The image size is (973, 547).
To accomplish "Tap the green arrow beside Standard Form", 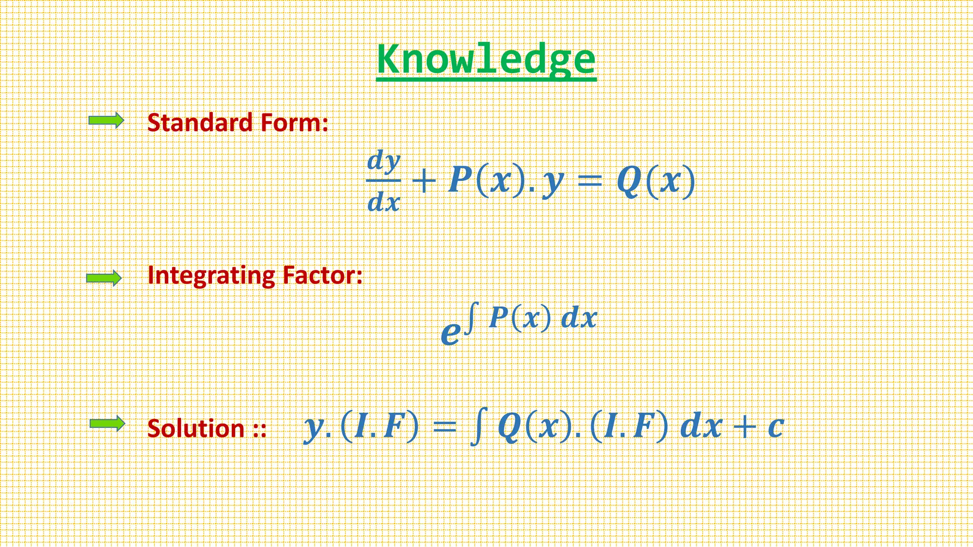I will click(x=106, y=121).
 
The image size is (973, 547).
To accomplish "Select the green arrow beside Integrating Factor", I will click(x=104, y=278).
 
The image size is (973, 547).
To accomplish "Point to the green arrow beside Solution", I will click(x=107, y=424).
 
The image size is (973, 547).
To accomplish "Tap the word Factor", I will click(x=322, y=275).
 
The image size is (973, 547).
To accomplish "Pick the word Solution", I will click(x=196, y=428).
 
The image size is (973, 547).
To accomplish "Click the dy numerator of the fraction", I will click(x=384, y=161).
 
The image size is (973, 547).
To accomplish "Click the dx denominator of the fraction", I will click(x=384, y=202).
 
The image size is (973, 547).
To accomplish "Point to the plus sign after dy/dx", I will click(x=424, y=182).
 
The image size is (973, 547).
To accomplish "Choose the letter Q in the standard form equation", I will click(x=629, y=181).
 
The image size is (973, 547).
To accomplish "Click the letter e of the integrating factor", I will click(x=450, y=332).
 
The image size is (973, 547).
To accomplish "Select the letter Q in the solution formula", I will click(x=510, y=427).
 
